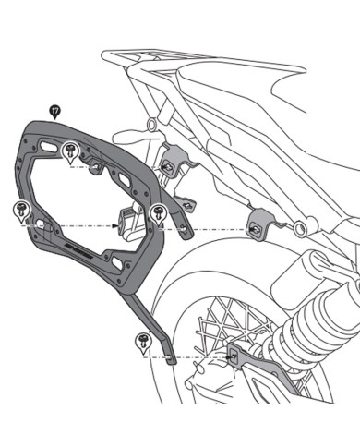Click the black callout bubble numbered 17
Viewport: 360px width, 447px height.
pyautogui.click(x=55, y=110)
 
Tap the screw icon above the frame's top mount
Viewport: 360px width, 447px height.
pyautogui.click(x=71, y=150)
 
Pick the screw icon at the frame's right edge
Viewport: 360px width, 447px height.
pyautogui.click(x=157, y=210)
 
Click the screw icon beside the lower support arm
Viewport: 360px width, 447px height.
pyautogui.click(x=140, y=339)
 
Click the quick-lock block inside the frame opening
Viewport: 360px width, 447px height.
pyautogui.click(x=124, y=222)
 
